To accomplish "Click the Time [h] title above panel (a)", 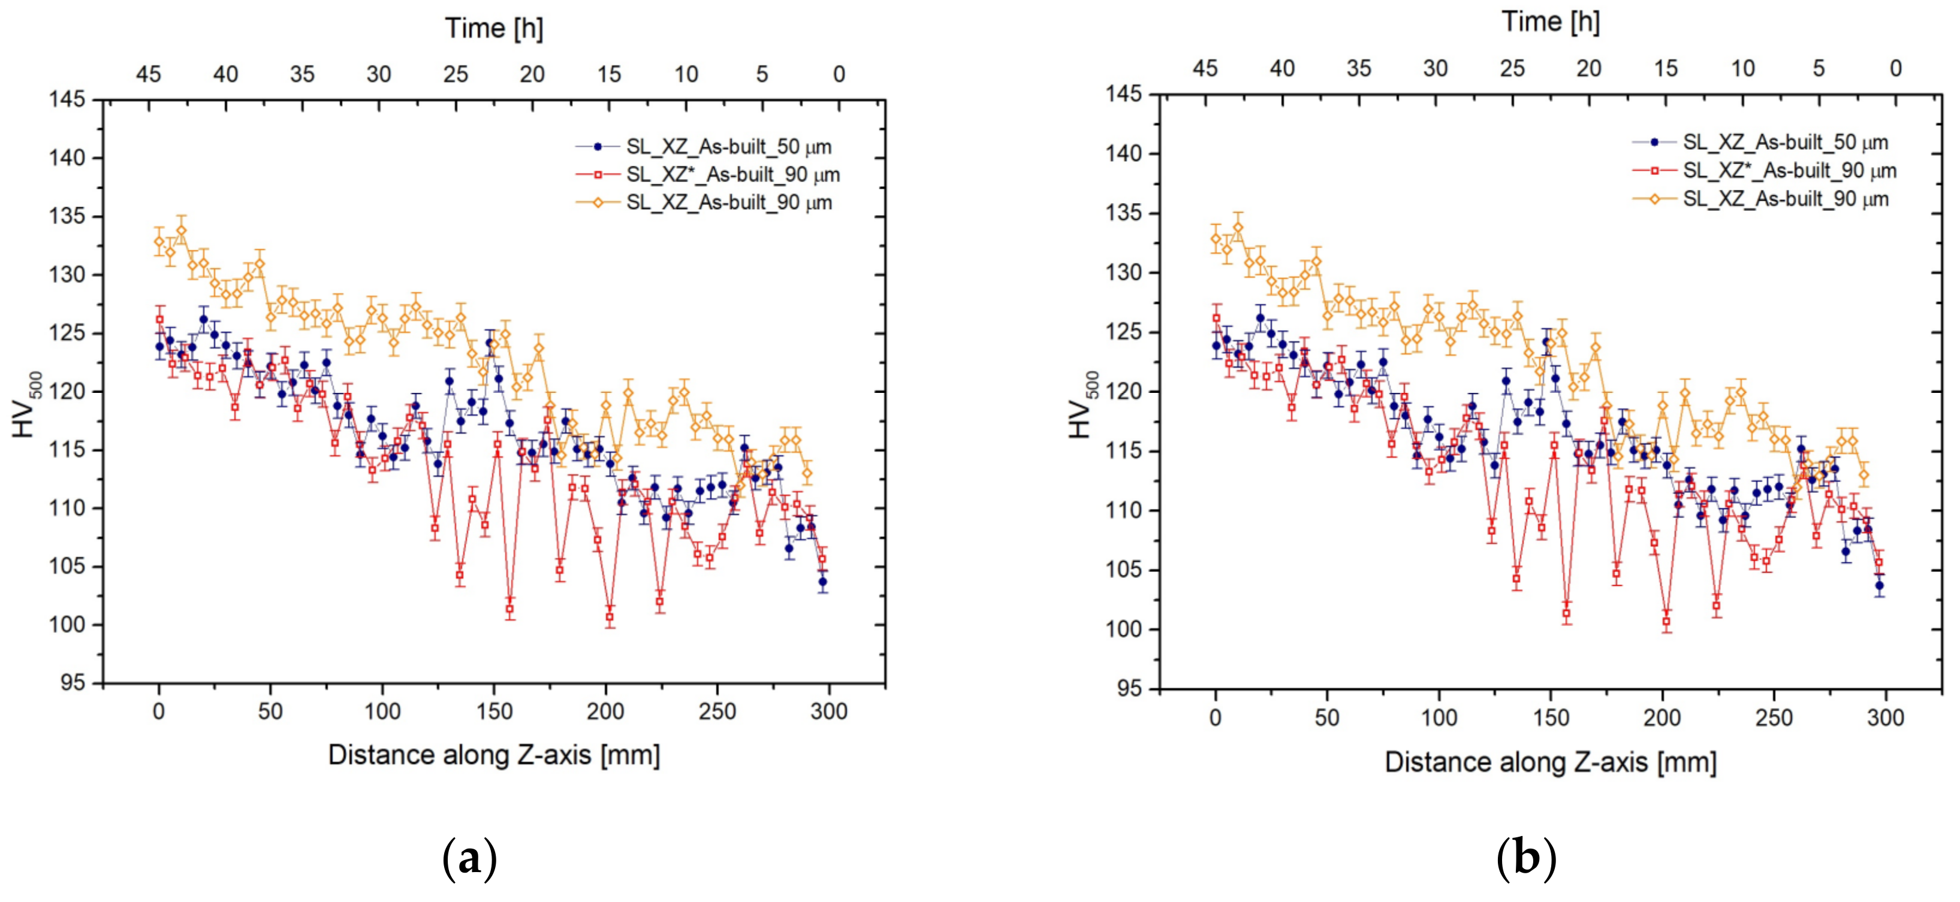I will [494, 28].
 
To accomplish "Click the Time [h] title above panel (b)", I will [1550, 22].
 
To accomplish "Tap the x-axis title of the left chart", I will [494, 755].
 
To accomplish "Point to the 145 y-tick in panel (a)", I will [67, 99].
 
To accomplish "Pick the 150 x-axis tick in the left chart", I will [494, 712].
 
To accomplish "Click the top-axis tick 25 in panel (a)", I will [455, 74].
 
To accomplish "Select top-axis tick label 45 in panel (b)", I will [1204, 68].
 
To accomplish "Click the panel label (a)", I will [469, 859].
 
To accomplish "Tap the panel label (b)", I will [1525, 859].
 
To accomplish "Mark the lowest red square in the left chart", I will [610, 618].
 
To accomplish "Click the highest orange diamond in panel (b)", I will [1238, 228].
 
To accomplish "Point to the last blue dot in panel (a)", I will [822, 582].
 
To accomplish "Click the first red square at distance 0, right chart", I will [1216, 318].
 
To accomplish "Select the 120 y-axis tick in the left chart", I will [67, 392].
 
